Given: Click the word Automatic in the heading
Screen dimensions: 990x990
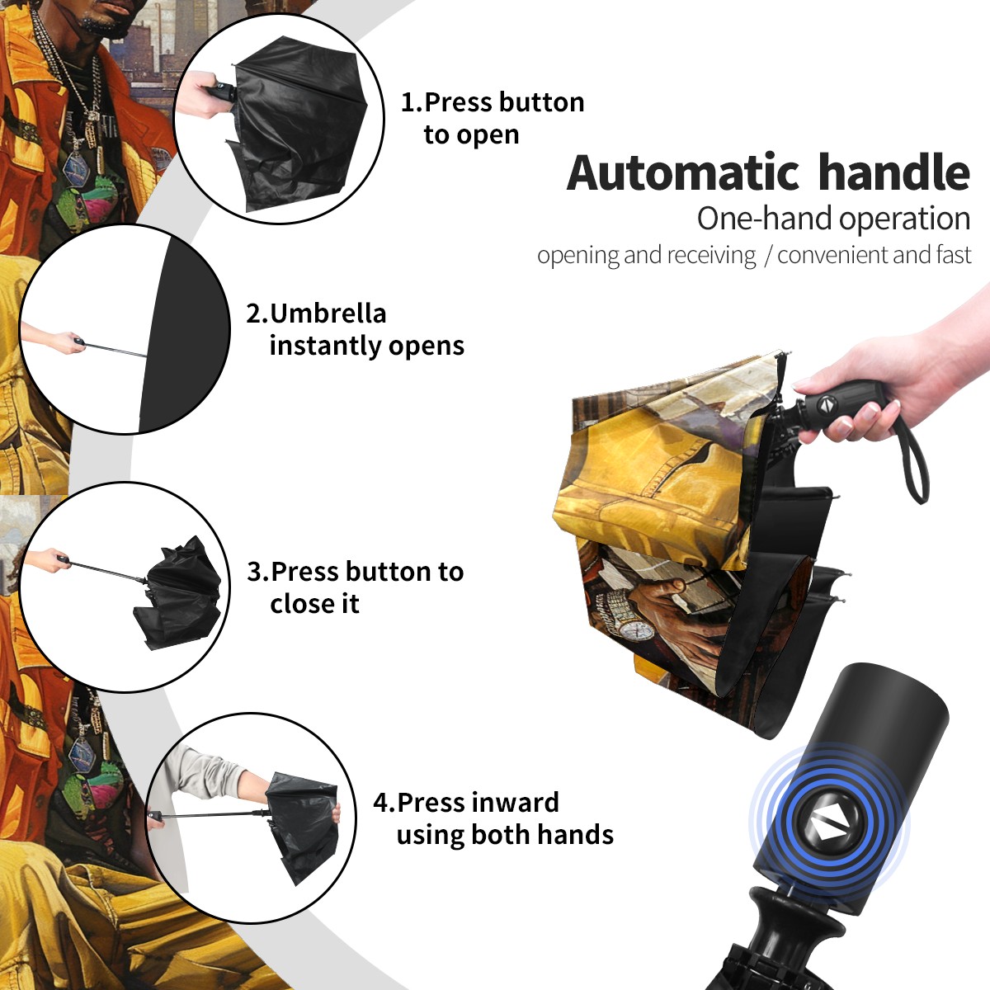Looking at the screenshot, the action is tap(683, 172).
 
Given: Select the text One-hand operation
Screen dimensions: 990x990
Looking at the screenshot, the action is tap(833, 219).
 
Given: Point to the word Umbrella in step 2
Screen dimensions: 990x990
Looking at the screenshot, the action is tap(328, 313).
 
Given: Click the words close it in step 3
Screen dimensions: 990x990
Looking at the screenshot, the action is tap(314, 603).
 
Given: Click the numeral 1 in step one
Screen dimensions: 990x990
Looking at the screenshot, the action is tap(408, 102).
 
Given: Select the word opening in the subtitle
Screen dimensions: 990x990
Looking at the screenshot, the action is tap(578, 255).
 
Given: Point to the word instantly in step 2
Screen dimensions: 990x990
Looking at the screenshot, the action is tap(325, 346).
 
